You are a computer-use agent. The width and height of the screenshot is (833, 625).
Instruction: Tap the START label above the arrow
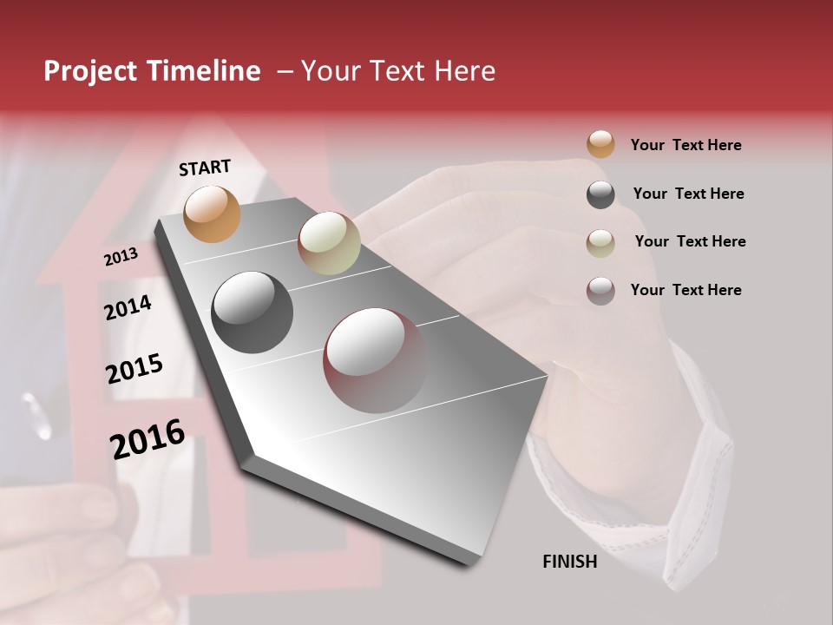click(205, 168)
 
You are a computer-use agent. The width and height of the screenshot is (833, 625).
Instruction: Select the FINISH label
click(569, 562)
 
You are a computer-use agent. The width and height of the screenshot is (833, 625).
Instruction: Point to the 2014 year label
click(128, 307)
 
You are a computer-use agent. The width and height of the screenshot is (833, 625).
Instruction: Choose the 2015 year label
click(134, 369)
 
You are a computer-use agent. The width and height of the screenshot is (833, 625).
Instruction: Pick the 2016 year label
click(148, 438)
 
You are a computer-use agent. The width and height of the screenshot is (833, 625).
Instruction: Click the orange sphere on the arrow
click(212, 214)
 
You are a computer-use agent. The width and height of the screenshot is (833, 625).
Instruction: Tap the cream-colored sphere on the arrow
click(329, 243)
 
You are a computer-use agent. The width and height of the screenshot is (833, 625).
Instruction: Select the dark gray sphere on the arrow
click(252, 312)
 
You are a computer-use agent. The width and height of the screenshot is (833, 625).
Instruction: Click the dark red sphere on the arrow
click(375, 360)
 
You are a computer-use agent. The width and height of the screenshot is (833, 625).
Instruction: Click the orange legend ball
click(600, 144)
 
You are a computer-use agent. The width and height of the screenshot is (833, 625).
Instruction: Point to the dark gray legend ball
click(600, 194)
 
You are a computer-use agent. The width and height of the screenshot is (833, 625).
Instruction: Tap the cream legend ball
click(600, 243)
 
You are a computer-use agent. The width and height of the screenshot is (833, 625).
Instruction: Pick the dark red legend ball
click(600, 291)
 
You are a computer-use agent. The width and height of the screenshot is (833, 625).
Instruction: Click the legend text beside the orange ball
click(685, 145)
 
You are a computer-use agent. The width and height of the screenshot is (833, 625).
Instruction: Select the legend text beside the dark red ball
click(685, 290)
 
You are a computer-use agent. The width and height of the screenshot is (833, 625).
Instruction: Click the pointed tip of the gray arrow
click(473, 562)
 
